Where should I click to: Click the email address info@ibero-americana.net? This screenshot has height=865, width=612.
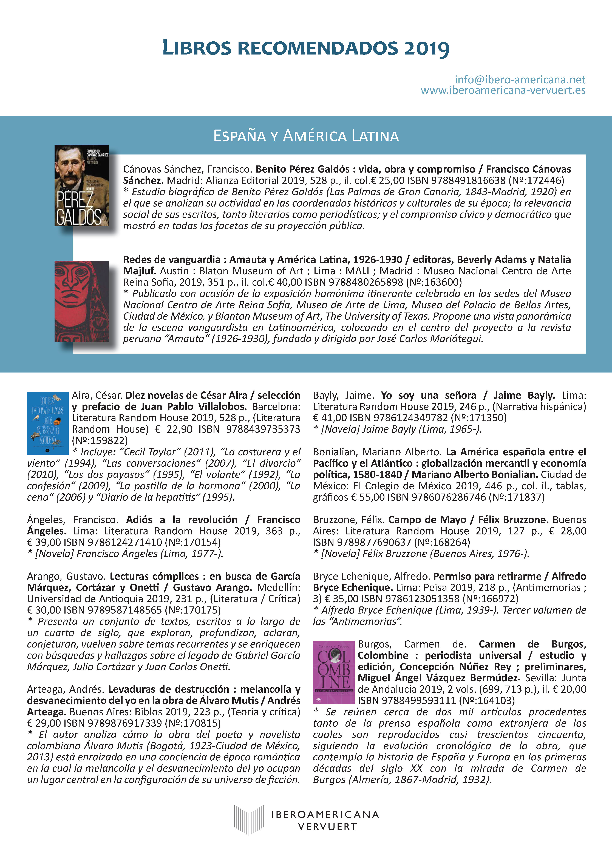point(520,79)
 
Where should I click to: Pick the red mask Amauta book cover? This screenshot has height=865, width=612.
point(81,301)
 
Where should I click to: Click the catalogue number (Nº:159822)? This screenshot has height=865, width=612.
point(100,440)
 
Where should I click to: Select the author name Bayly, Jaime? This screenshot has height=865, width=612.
point(343,395)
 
